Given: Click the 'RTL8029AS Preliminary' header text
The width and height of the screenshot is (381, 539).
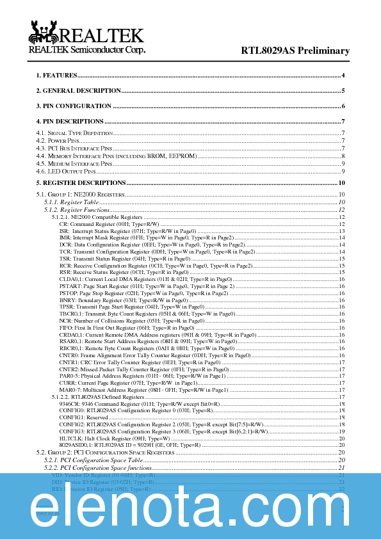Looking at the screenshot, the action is (x=295, y=51).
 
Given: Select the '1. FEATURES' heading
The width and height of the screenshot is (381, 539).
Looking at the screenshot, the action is (x=57, y=76).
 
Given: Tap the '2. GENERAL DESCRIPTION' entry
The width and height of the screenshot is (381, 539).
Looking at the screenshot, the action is (x=78, y=91).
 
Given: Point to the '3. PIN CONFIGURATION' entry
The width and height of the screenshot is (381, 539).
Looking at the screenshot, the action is (x=74, y=106).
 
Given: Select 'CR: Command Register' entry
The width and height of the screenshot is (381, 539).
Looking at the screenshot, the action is (x=109, y=224).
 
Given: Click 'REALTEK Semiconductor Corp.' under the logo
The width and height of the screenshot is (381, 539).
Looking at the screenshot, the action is (x=87, y=50).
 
